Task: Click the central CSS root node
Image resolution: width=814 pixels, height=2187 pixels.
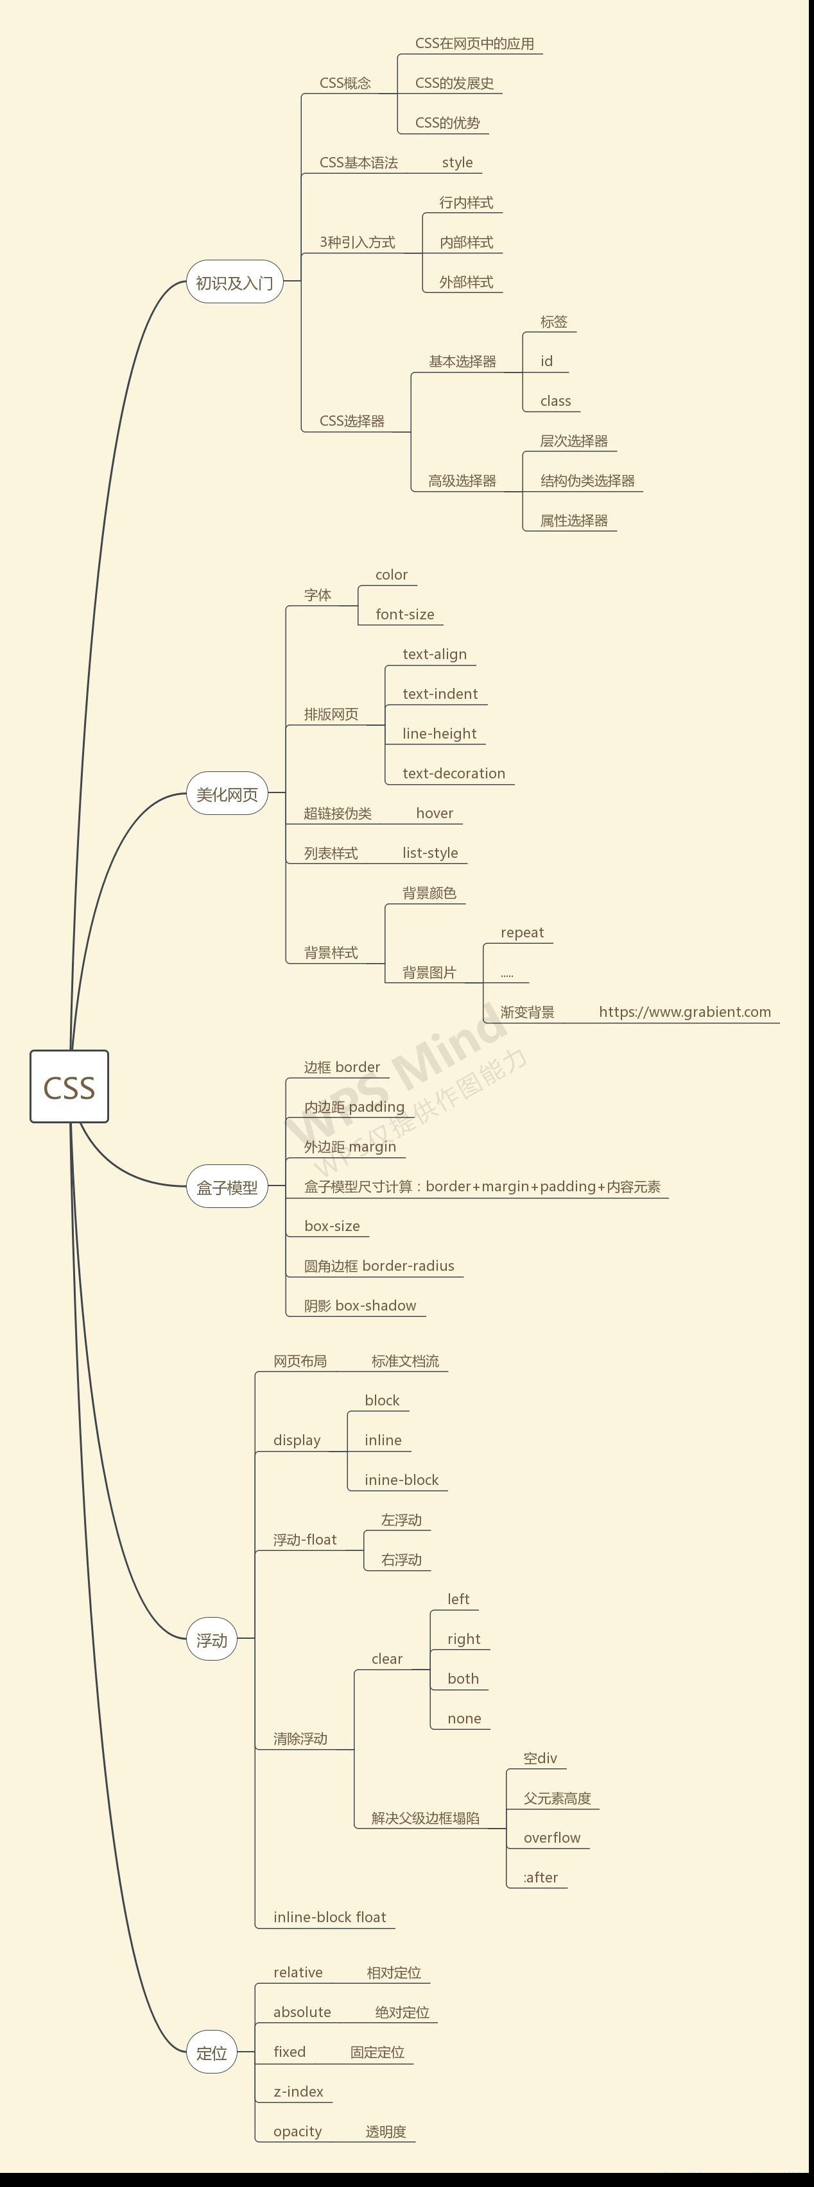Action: (69, 1086)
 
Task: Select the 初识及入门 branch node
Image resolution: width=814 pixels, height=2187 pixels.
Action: (234, 282)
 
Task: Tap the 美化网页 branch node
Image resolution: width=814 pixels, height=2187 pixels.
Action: (227, 794)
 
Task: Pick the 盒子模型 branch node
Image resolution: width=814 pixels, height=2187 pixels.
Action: (227, 1187)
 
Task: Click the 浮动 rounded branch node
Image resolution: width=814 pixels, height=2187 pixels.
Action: (212, 1640)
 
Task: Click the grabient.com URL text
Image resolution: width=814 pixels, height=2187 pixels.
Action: (685, 1011)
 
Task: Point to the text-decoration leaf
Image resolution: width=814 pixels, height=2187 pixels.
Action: (454, 773)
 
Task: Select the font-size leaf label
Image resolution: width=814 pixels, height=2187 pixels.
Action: (404, 614)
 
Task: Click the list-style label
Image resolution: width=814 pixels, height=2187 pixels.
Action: (430, 852)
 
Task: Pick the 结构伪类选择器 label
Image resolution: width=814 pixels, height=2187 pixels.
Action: (587, 480)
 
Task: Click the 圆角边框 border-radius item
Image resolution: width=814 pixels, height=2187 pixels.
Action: (379, 1266)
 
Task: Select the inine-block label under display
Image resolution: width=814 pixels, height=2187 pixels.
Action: (401, 1480)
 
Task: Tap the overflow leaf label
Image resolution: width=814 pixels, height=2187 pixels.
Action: (551, 1837)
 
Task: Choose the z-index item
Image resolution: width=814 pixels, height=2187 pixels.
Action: (299, 2091)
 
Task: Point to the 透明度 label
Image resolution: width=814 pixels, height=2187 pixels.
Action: (386, 2131)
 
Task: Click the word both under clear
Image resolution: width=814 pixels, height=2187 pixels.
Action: (463, 1679)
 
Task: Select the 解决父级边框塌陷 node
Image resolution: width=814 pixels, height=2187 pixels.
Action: (425, 1818)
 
